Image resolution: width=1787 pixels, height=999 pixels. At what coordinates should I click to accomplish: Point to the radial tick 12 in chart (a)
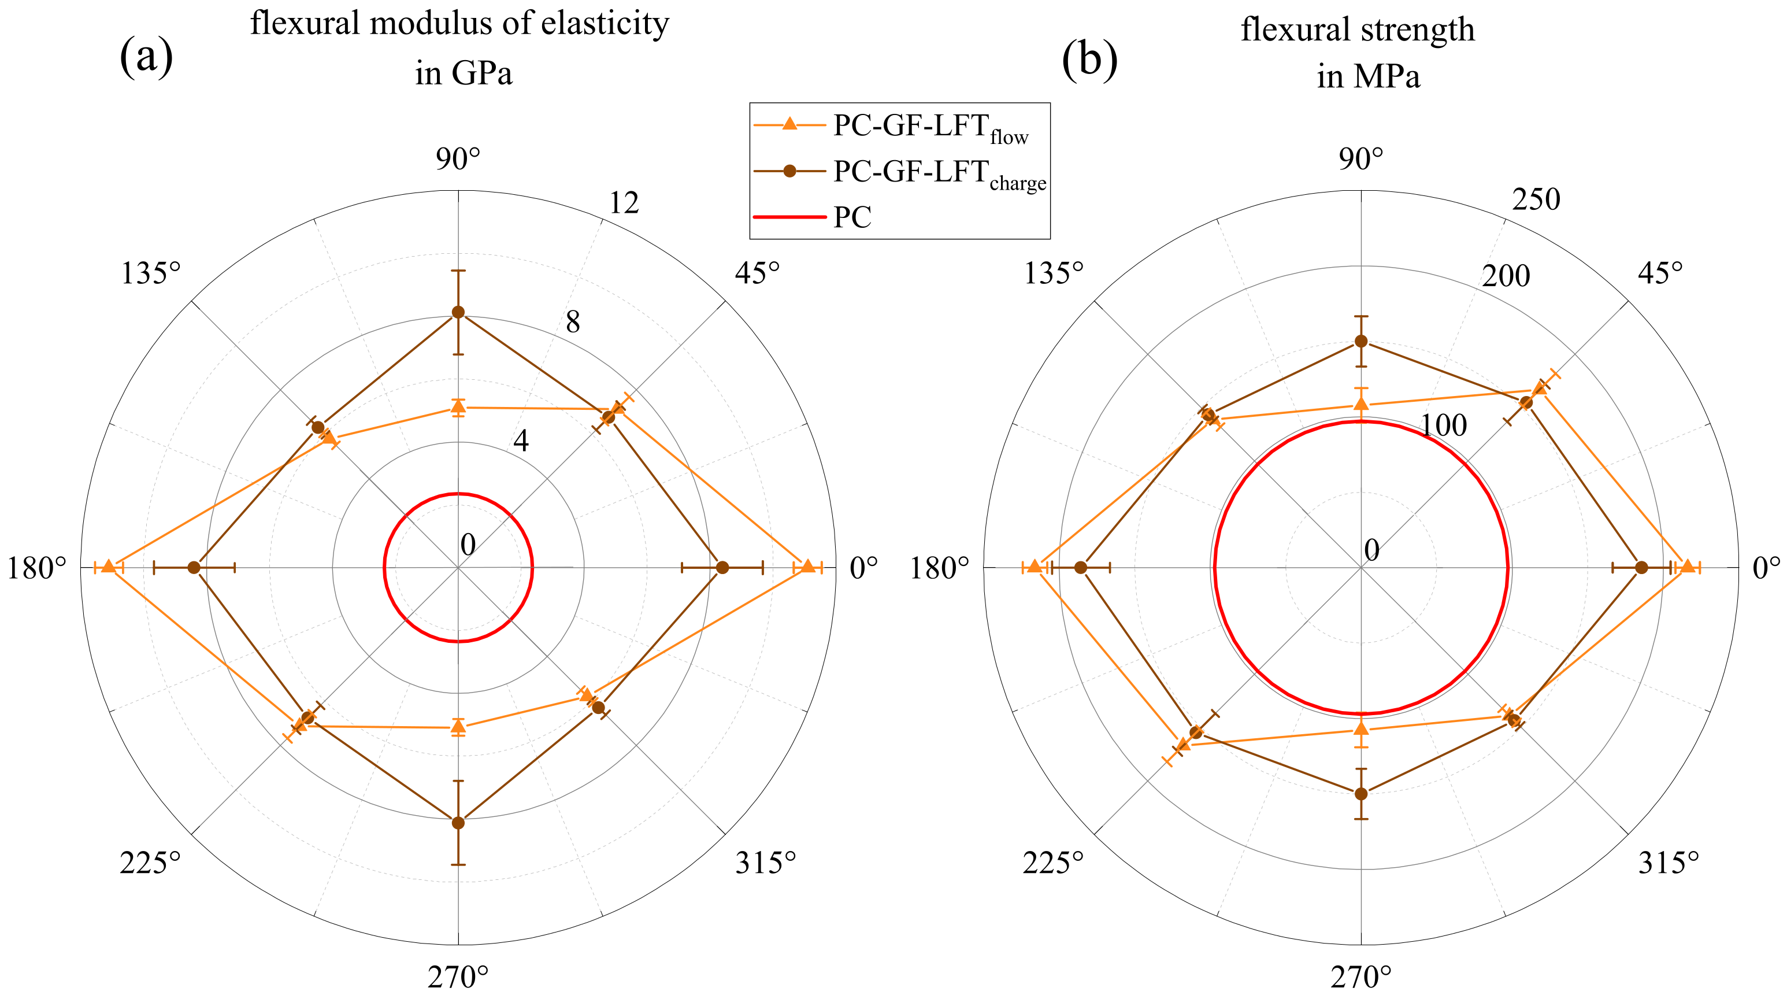point(623,202)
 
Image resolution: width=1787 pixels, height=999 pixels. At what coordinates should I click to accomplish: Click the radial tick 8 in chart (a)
point(572,322)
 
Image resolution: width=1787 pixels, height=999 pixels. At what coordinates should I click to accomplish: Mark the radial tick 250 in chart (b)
point(1536,200)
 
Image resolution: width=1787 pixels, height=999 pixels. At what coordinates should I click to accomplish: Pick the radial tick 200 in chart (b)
point(1506,276)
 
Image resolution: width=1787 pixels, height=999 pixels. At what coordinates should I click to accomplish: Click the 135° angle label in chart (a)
point(150,273)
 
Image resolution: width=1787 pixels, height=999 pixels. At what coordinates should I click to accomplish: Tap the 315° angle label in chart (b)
point(1669,863)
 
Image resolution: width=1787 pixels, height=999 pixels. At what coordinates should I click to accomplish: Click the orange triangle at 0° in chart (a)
point(807,567)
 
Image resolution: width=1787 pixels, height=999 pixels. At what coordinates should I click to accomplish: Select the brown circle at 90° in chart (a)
point(458,312)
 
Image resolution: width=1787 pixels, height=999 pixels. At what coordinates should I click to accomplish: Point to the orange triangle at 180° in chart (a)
point(108,567)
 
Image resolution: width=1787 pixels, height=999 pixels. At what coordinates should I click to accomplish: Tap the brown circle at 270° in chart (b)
point(1361,794)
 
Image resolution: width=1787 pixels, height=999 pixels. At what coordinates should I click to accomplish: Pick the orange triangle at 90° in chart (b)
point(1361,405)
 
